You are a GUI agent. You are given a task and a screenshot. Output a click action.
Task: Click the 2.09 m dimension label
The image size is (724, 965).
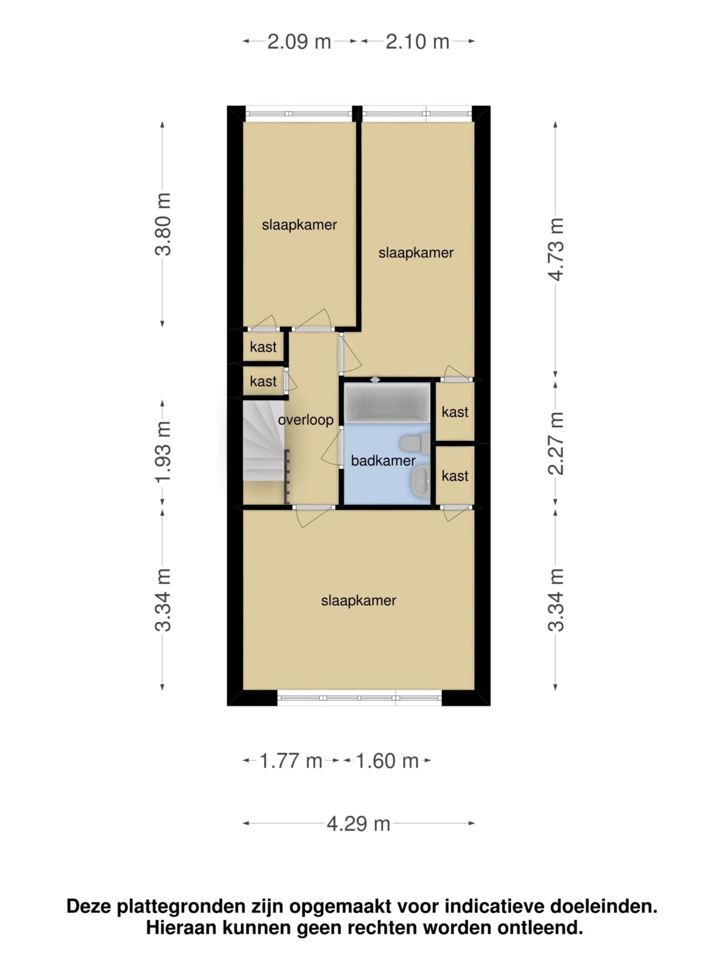[299, 42]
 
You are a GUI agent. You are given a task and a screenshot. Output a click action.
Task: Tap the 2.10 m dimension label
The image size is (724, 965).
[417, 42]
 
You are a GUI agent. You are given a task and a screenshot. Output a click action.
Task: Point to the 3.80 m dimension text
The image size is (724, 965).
[163, 224]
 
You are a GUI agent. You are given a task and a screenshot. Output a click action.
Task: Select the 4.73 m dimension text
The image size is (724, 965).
[556, 249]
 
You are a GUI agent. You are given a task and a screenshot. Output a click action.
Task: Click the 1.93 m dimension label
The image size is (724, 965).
[163, 452]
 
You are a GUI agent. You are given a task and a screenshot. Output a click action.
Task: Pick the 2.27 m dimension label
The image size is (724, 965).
[556, 443]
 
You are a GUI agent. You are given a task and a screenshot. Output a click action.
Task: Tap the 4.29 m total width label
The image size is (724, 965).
[358, 824]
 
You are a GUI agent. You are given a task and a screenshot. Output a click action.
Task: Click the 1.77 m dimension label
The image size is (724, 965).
[291, 761]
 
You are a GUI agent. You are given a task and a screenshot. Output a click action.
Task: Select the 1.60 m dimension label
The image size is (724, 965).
[387, 761]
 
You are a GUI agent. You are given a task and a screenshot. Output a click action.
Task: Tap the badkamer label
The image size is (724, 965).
[383, 461]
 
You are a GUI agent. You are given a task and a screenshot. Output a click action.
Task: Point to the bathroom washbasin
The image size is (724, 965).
[420, 480]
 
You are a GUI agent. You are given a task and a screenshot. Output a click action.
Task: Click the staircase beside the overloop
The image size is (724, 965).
[264, 441]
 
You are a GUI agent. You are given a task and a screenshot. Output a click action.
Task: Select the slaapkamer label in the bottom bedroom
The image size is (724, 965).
[358, 601]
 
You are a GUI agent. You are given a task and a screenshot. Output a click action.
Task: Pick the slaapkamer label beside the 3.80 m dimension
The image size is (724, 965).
[299, 225]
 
